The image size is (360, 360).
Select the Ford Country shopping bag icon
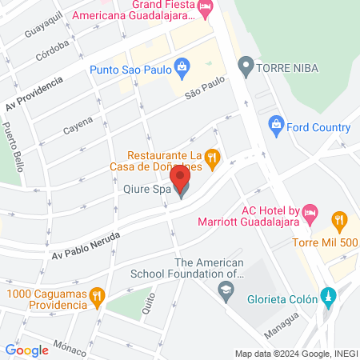click(x=277, y=124)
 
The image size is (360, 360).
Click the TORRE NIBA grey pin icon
click(x=246, y=68)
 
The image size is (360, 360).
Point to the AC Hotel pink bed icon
click(x=312, y=214)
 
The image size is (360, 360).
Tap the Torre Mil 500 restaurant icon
click(x=339, y=219)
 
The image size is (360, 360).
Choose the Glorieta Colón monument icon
click(x=326, y=298)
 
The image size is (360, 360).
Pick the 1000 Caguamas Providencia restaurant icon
click(x=97, y=295)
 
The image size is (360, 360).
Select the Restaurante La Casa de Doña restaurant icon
click(x=212, y=158)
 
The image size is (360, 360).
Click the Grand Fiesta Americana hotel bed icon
click(x=205, y=9)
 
